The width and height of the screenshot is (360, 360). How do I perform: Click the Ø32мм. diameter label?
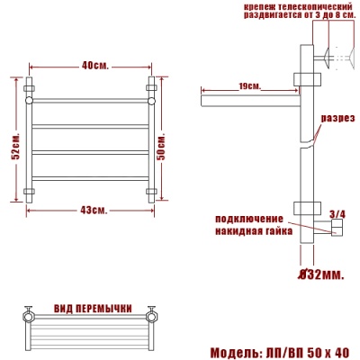321,273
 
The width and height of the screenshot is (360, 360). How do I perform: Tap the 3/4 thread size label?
337,212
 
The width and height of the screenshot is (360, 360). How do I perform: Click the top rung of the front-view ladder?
90,100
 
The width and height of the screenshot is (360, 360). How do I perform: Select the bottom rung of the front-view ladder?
90,180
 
